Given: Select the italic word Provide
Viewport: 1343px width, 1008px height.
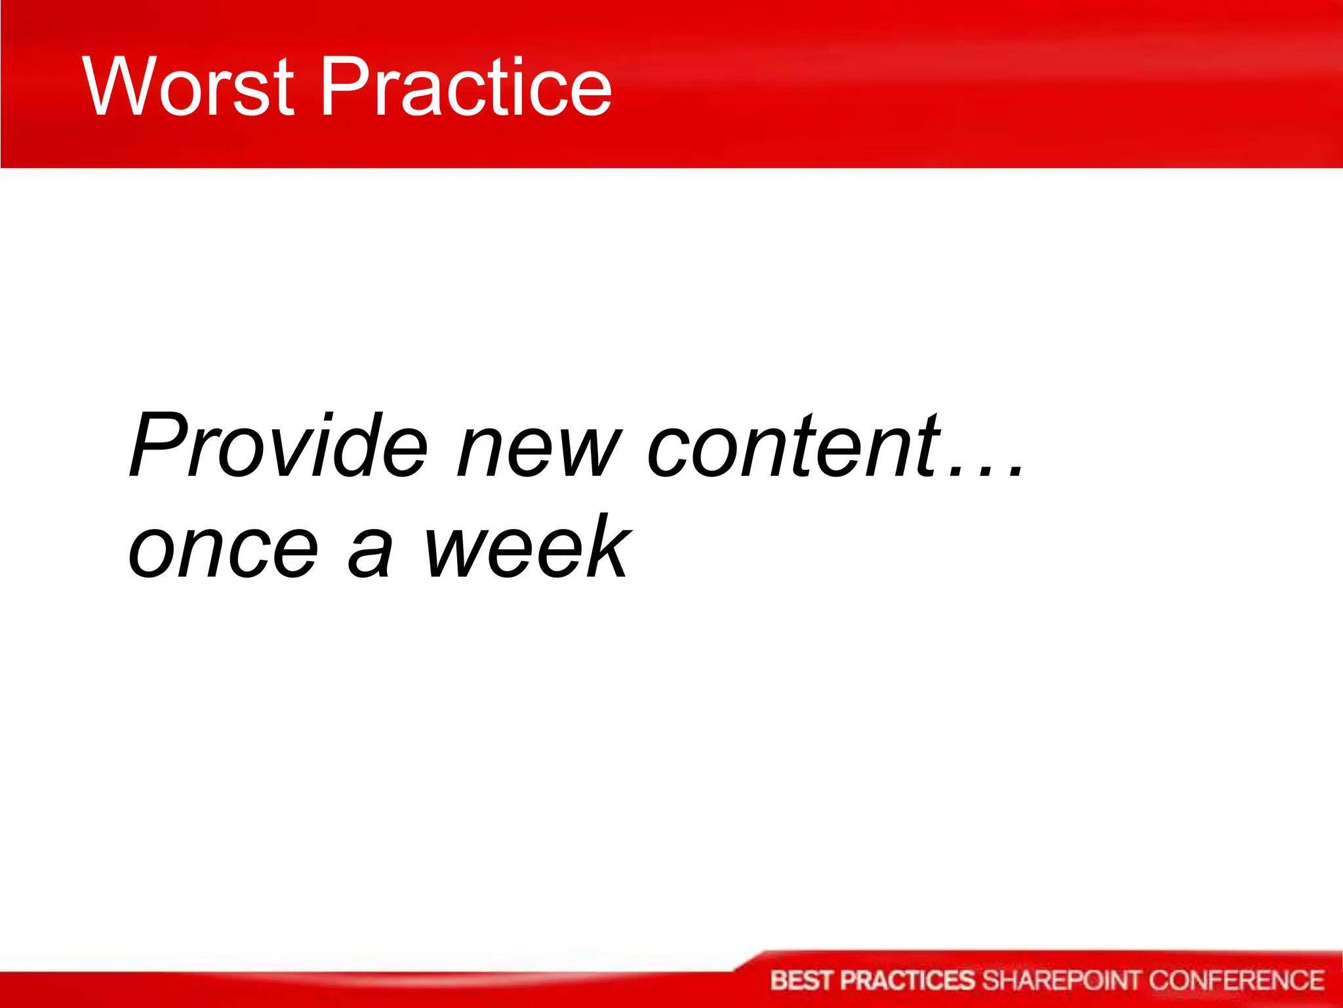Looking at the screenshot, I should [279, 446].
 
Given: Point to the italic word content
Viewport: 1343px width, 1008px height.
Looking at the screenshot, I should [793, 446].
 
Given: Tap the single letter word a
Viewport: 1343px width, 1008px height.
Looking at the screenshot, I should [371, 551].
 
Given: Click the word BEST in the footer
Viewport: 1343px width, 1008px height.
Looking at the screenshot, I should [803, 980].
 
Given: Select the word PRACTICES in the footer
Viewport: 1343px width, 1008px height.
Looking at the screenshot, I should [908, 980].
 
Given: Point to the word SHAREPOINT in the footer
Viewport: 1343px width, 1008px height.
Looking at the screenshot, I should [1062, 980].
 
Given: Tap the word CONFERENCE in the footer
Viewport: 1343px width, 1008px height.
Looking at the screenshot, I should [1237, 980].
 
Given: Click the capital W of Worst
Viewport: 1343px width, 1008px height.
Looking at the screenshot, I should [121, 87].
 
